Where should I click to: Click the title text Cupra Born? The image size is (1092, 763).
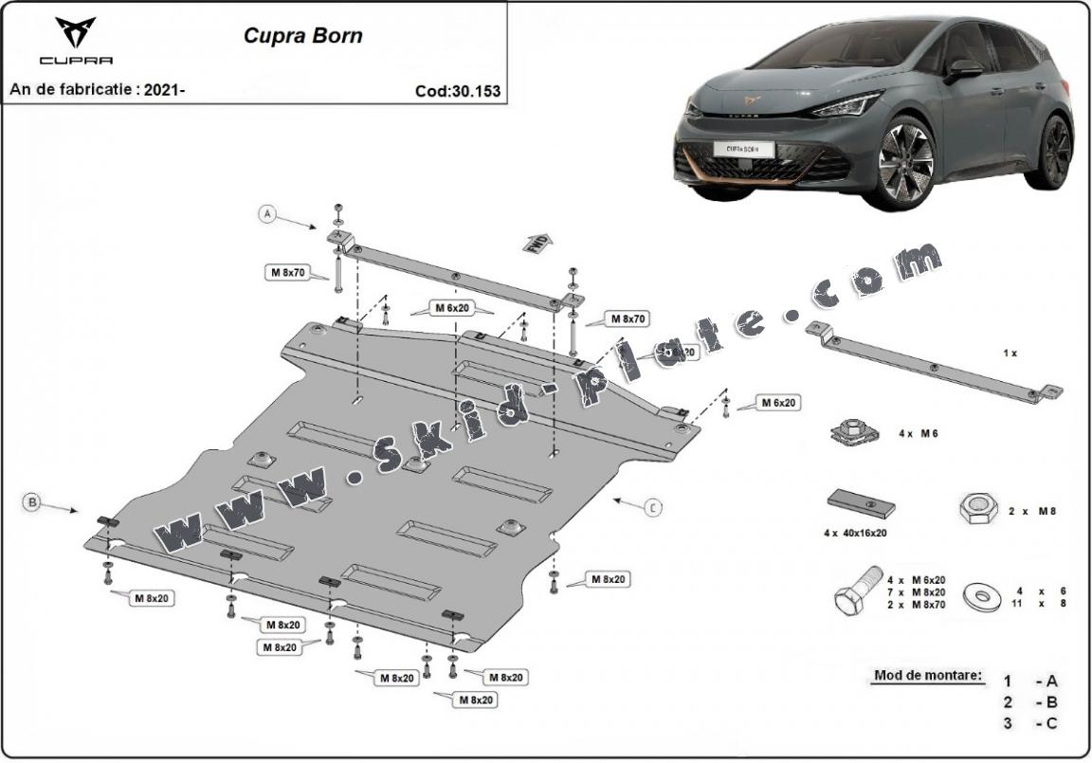[x=302, y=37]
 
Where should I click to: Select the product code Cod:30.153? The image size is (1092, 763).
[x=458, y=92]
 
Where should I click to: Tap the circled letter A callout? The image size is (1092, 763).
[x=267, y=215]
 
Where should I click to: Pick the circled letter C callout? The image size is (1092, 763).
[x=653, y=509]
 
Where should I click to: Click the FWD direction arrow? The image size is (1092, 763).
[x=536, y=242]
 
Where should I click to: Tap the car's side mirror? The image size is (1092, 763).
[x=966, y=69]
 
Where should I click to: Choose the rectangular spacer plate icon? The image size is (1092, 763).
[x=862, y=503]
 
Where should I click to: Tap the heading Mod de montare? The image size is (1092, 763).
[x=928, y=677]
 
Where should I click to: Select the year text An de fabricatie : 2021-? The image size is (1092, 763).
[x=97, y=90]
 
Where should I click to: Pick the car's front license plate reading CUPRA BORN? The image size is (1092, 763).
[x=743, y=149]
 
